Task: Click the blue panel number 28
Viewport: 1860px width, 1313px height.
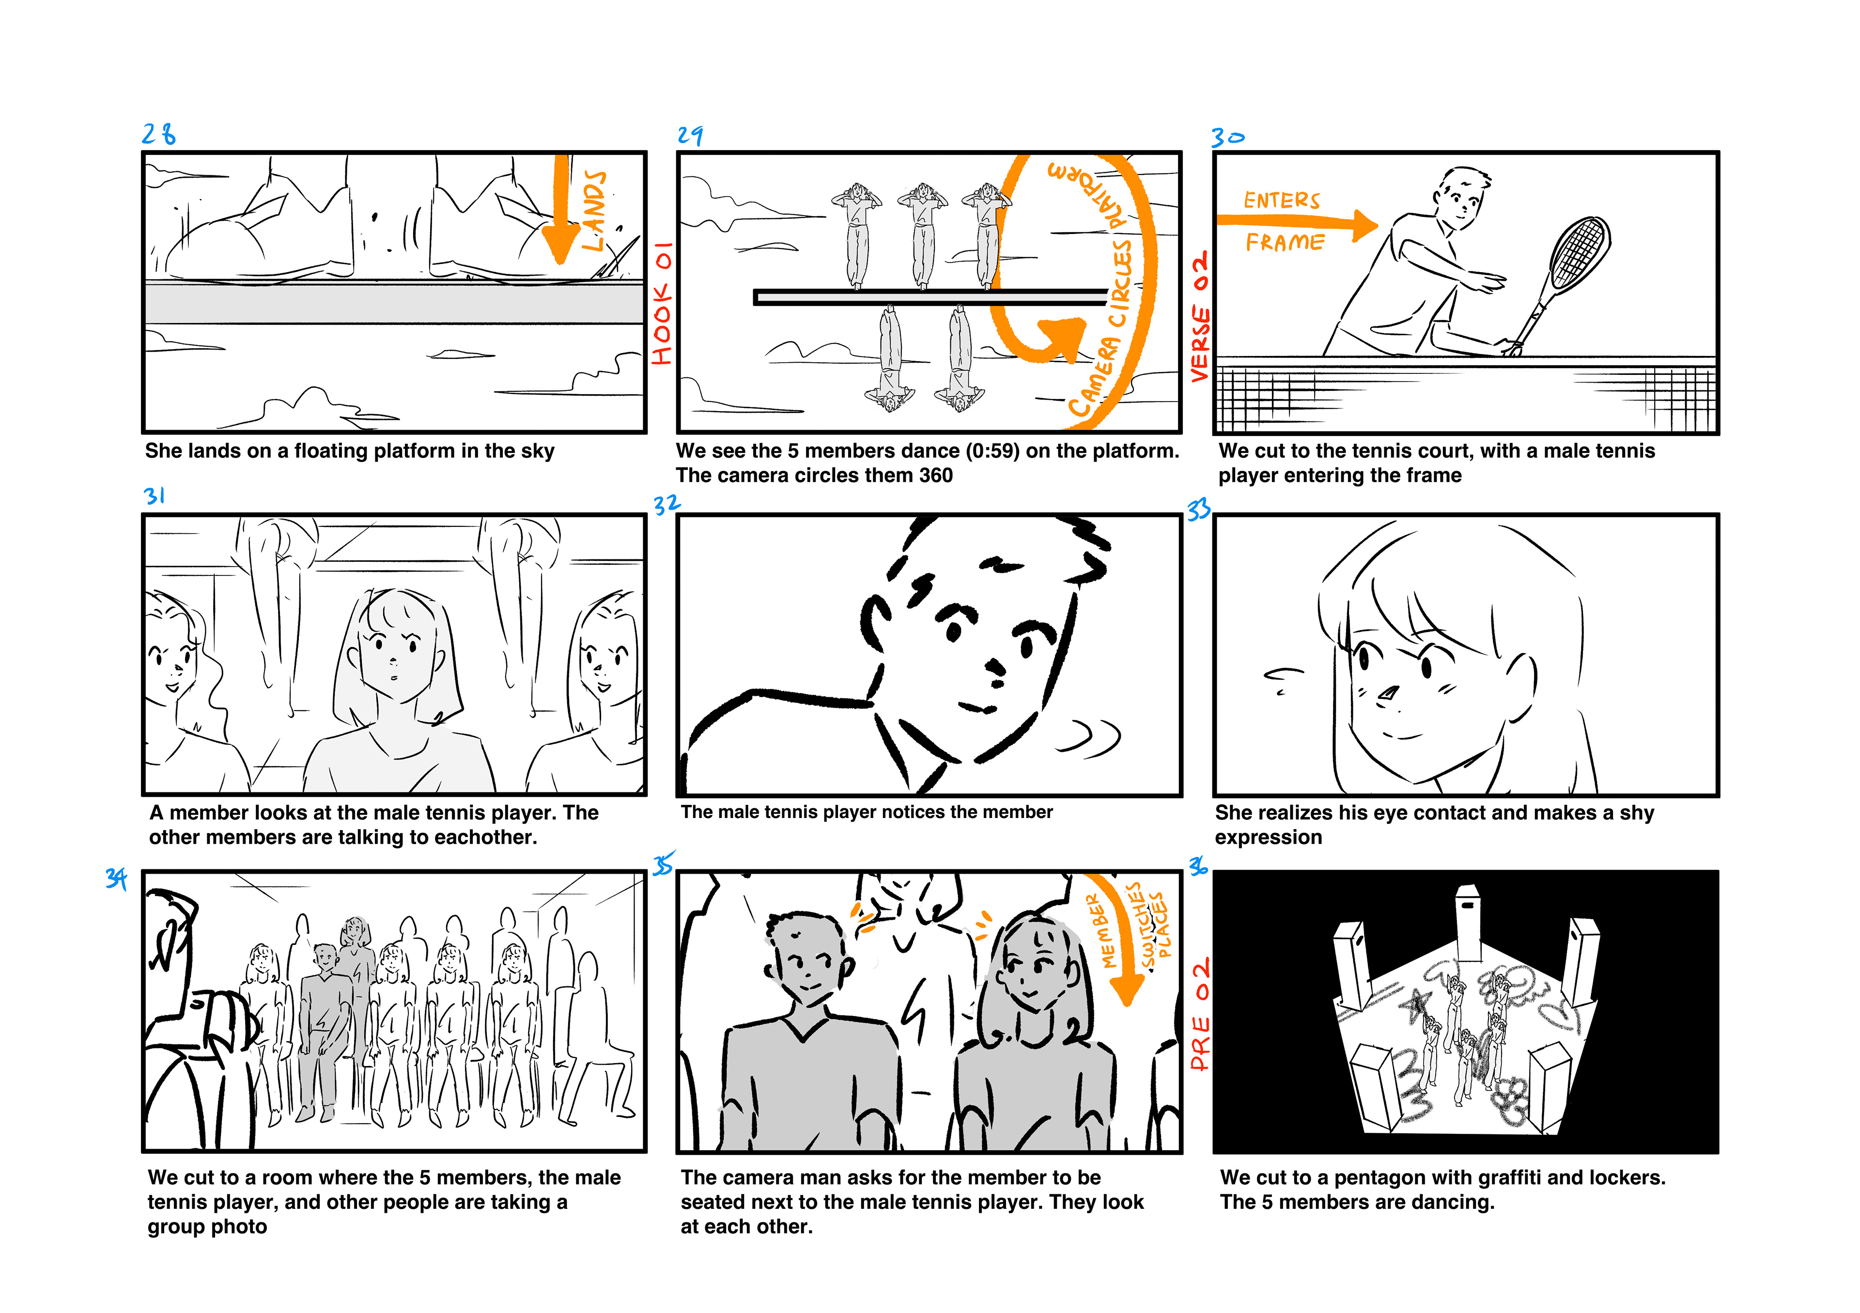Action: (x=159, y=134)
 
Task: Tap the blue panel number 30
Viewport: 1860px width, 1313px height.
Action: (x=1227, y=138)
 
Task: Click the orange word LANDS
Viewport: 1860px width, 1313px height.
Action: (x=594, y=211)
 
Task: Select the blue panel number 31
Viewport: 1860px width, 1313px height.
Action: (x=154, y=496)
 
